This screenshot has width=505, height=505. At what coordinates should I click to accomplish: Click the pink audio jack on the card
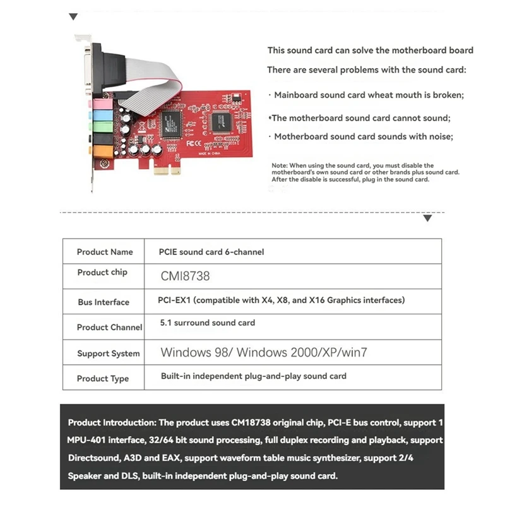pyautogui.click(x=98, y=103)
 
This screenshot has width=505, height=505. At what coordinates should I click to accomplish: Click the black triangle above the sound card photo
pyautogui.click(x=74, y=17)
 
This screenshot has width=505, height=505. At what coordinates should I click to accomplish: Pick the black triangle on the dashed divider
pyautogui.click(x=427, y=218)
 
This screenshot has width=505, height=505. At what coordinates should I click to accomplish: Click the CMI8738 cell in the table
pyautogui.click(x=185, y=276)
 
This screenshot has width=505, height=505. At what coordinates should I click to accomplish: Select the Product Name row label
pyautogui.click(x=105, y=252)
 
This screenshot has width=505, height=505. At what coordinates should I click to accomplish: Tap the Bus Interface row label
pyautogui.click(x=104, y=302)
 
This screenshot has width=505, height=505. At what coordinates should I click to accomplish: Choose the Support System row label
pyautogui.click(x=108, y=353)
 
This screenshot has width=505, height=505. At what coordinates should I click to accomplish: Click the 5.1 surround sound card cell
pyautogui.click(x=208, y=323)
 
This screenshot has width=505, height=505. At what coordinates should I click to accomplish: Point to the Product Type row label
pyautogui.click(x=103, y=379)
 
